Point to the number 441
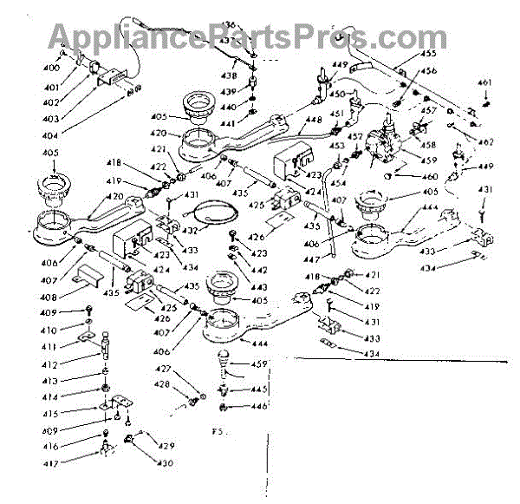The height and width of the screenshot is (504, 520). coord(227,124)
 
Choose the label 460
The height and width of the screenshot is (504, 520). coord(406,178)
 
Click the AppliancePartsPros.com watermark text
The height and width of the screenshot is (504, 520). coord(235,36)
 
